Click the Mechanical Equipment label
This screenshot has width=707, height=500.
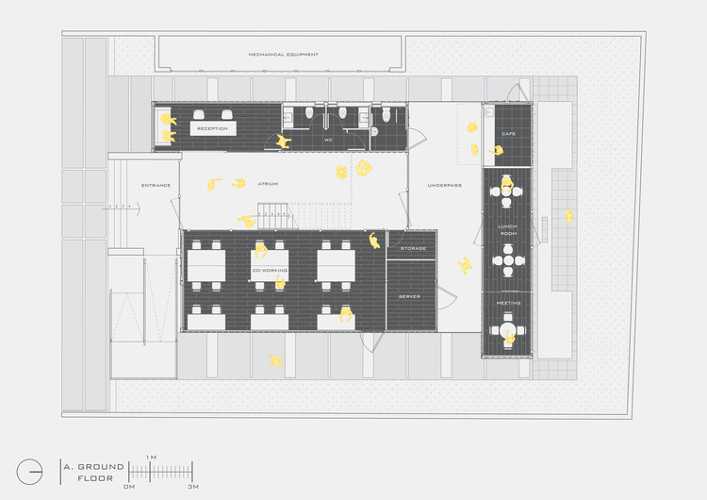(283, 55)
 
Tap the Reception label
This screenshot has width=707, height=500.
(212, 127)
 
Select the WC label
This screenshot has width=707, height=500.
(328, 140)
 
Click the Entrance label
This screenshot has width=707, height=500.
(156, 185)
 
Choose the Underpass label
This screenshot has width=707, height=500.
(444, 185)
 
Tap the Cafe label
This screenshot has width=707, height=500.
(508, 134)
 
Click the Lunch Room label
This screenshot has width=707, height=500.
(508, 229)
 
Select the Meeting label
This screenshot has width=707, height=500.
(508, 303)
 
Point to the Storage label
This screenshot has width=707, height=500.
(413, 248)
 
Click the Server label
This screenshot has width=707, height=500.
(409, 296)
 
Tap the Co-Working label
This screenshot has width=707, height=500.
(270, 271)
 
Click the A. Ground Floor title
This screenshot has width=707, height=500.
(89, 472)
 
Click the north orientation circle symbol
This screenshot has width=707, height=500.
(29, 471)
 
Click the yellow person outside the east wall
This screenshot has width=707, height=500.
(569, 216)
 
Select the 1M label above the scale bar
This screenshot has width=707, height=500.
(151, 457)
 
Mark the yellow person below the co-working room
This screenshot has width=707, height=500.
(275, 360)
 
